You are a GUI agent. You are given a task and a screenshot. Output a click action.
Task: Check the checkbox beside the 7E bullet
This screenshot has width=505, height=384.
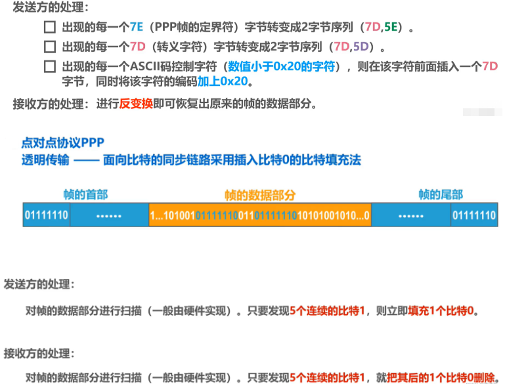click(50, 28)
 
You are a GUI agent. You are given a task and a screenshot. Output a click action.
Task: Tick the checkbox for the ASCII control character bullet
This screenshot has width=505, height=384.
click(50, 66)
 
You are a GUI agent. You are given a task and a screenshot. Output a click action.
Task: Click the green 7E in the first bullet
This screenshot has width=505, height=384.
click(137, 28)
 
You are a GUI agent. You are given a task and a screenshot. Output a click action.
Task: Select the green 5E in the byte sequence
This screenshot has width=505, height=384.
click(390, 28)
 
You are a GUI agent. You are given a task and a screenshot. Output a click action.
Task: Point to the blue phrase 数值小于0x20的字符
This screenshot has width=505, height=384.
click(282, 66)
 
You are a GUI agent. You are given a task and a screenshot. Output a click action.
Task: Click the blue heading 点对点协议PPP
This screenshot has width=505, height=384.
click(63, 142)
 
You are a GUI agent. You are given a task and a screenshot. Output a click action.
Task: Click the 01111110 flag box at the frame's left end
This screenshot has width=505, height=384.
click(46, 215)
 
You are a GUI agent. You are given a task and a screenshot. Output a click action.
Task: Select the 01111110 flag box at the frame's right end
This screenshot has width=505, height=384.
click(473, 215)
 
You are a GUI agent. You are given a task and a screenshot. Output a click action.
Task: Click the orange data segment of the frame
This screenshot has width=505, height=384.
click(260, 215)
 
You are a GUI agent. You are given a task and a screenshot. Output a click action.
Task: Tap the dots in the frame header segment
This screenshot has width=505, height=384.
click(108, 215)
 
